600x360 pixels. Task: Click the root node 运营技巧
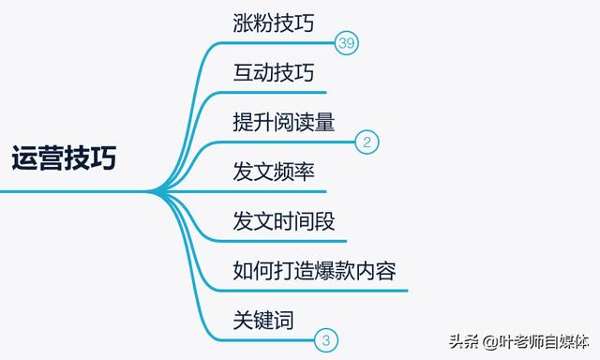point(64,157)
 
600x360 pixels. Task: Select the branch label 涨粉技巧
point(272,23)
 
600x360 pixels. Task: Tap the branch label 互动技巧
point(272,72)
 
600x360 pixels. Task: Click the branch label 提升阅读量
point(284,122)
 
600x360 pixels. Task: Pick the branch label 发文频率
point(272,172)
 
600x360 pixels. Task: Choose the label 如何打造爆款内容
point(314,271)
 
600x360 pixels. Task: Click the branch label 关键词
point(263,321)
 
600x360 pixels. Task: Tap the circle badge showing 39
point(347,44)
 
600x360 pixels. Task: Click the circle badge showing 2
point(367,143)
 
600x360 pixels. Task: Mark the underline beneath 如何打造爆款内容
point(319,291)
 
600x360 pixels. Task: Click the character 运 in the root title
point(25,157)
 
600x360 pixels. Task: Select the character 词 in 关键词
point(284,321)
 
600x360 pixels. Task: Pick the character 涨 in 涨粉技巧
point(244,23)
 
